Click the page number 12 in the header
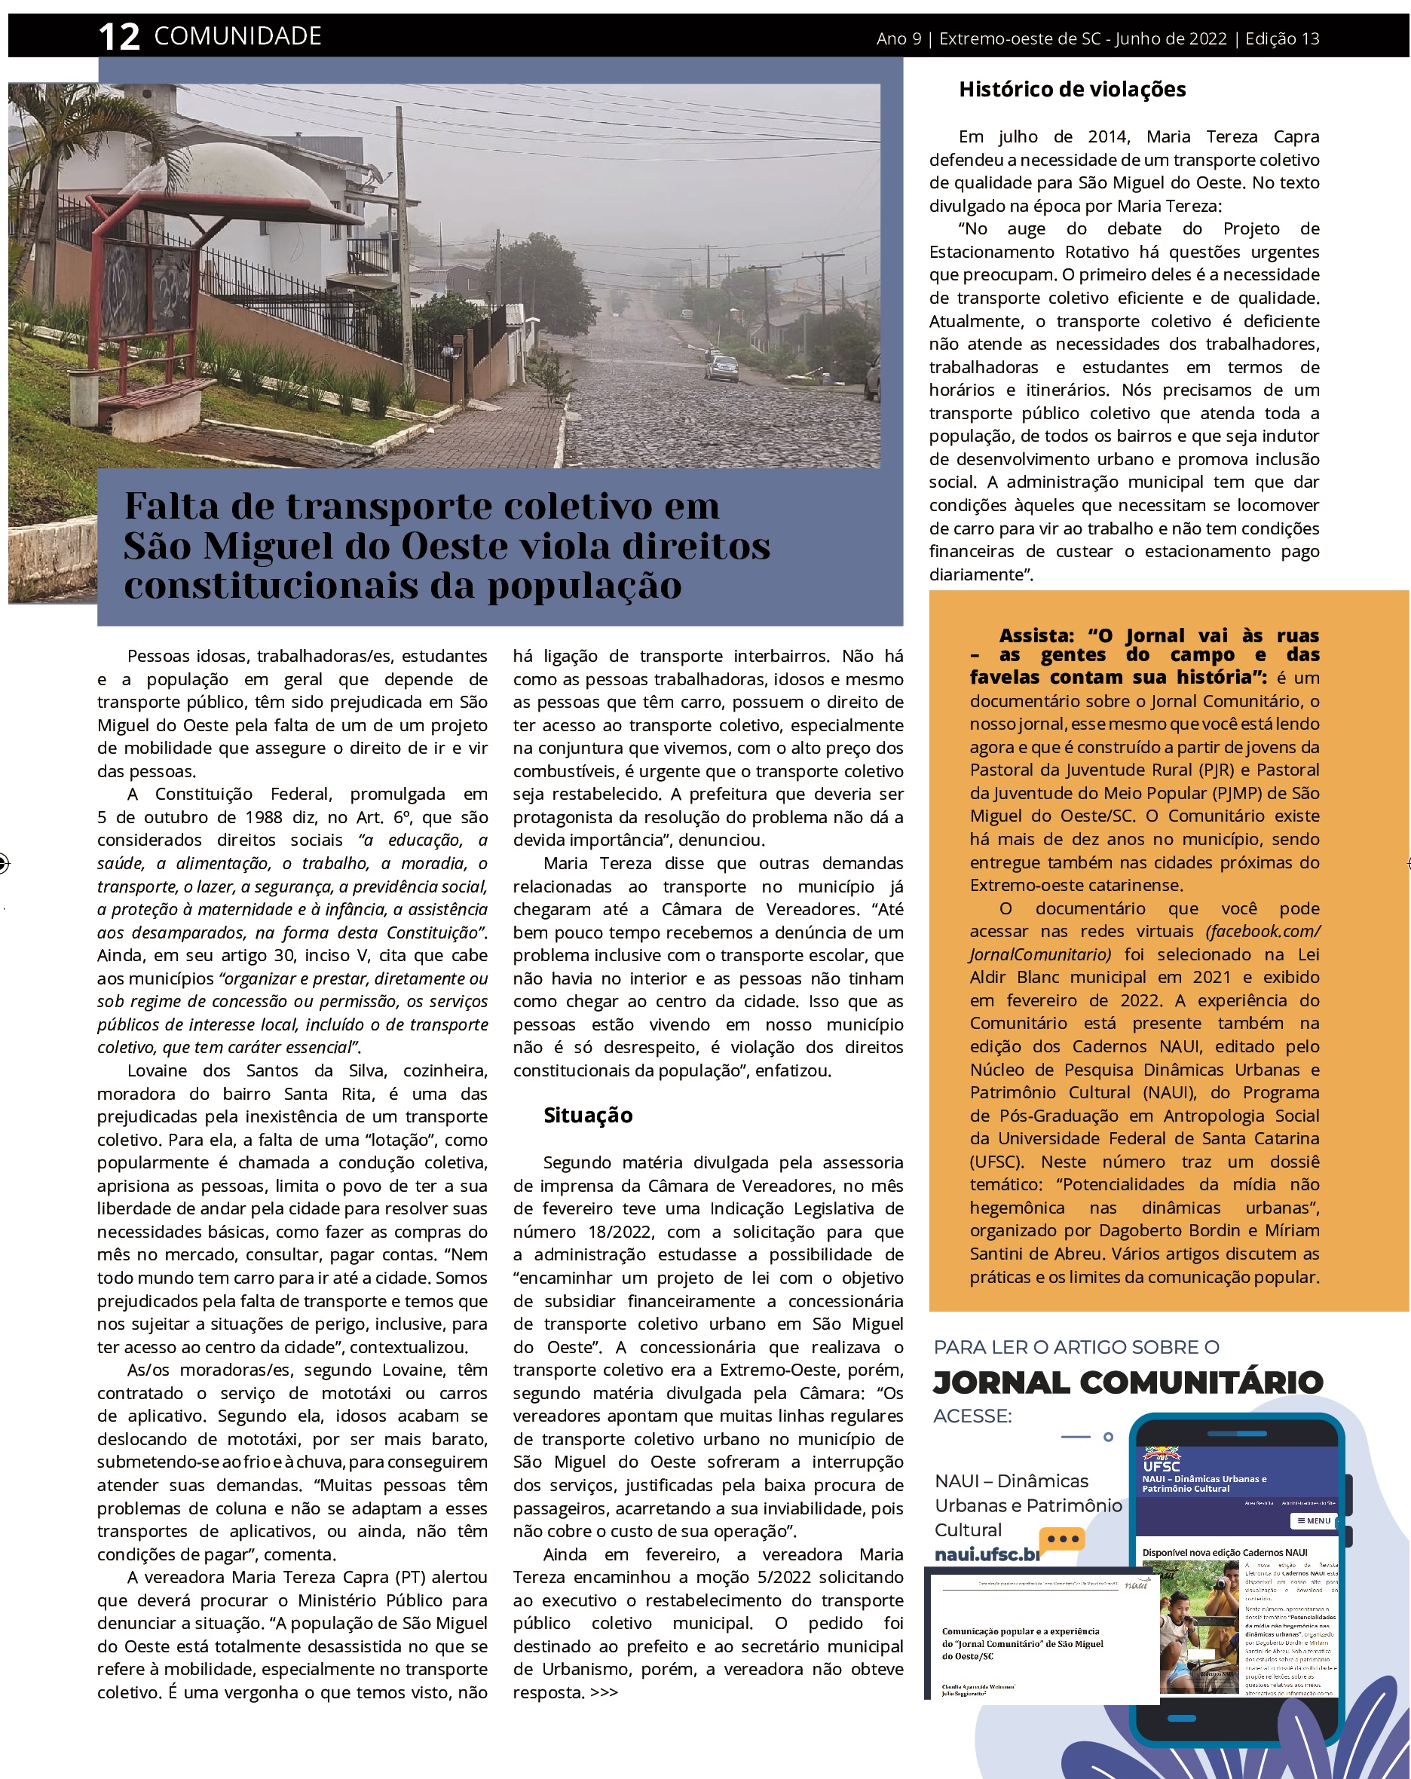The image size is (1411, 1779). coord(119,37)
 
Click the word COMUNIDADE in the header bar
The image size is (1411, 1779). coord(237,36)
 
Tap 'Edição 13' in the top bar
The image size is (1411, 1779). coord(1282,38)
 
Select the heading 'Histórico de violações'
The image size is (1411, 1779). coord(1072,89)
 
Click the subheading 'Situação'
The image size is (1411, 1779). coord(587,1116)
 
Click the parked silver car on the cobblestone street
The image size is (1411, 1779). coord(722,368)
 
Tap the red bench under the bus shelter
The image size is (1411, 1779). coord(145,396)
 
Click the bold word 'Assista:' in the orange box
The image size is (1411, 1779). coord(1036,635)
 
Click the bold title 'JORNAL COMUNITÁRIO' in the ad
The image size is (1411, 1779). coord(1127,1382)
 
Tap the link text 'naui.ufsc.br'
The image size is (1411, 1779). coord(986,1554)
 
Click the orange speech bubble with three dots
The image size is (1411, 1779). coord(1062,1540)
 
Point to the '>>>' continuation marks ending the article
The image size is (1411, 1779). coord(604,1692)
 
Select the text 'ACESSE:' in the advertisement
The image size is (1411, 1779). coord(972,1416)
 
